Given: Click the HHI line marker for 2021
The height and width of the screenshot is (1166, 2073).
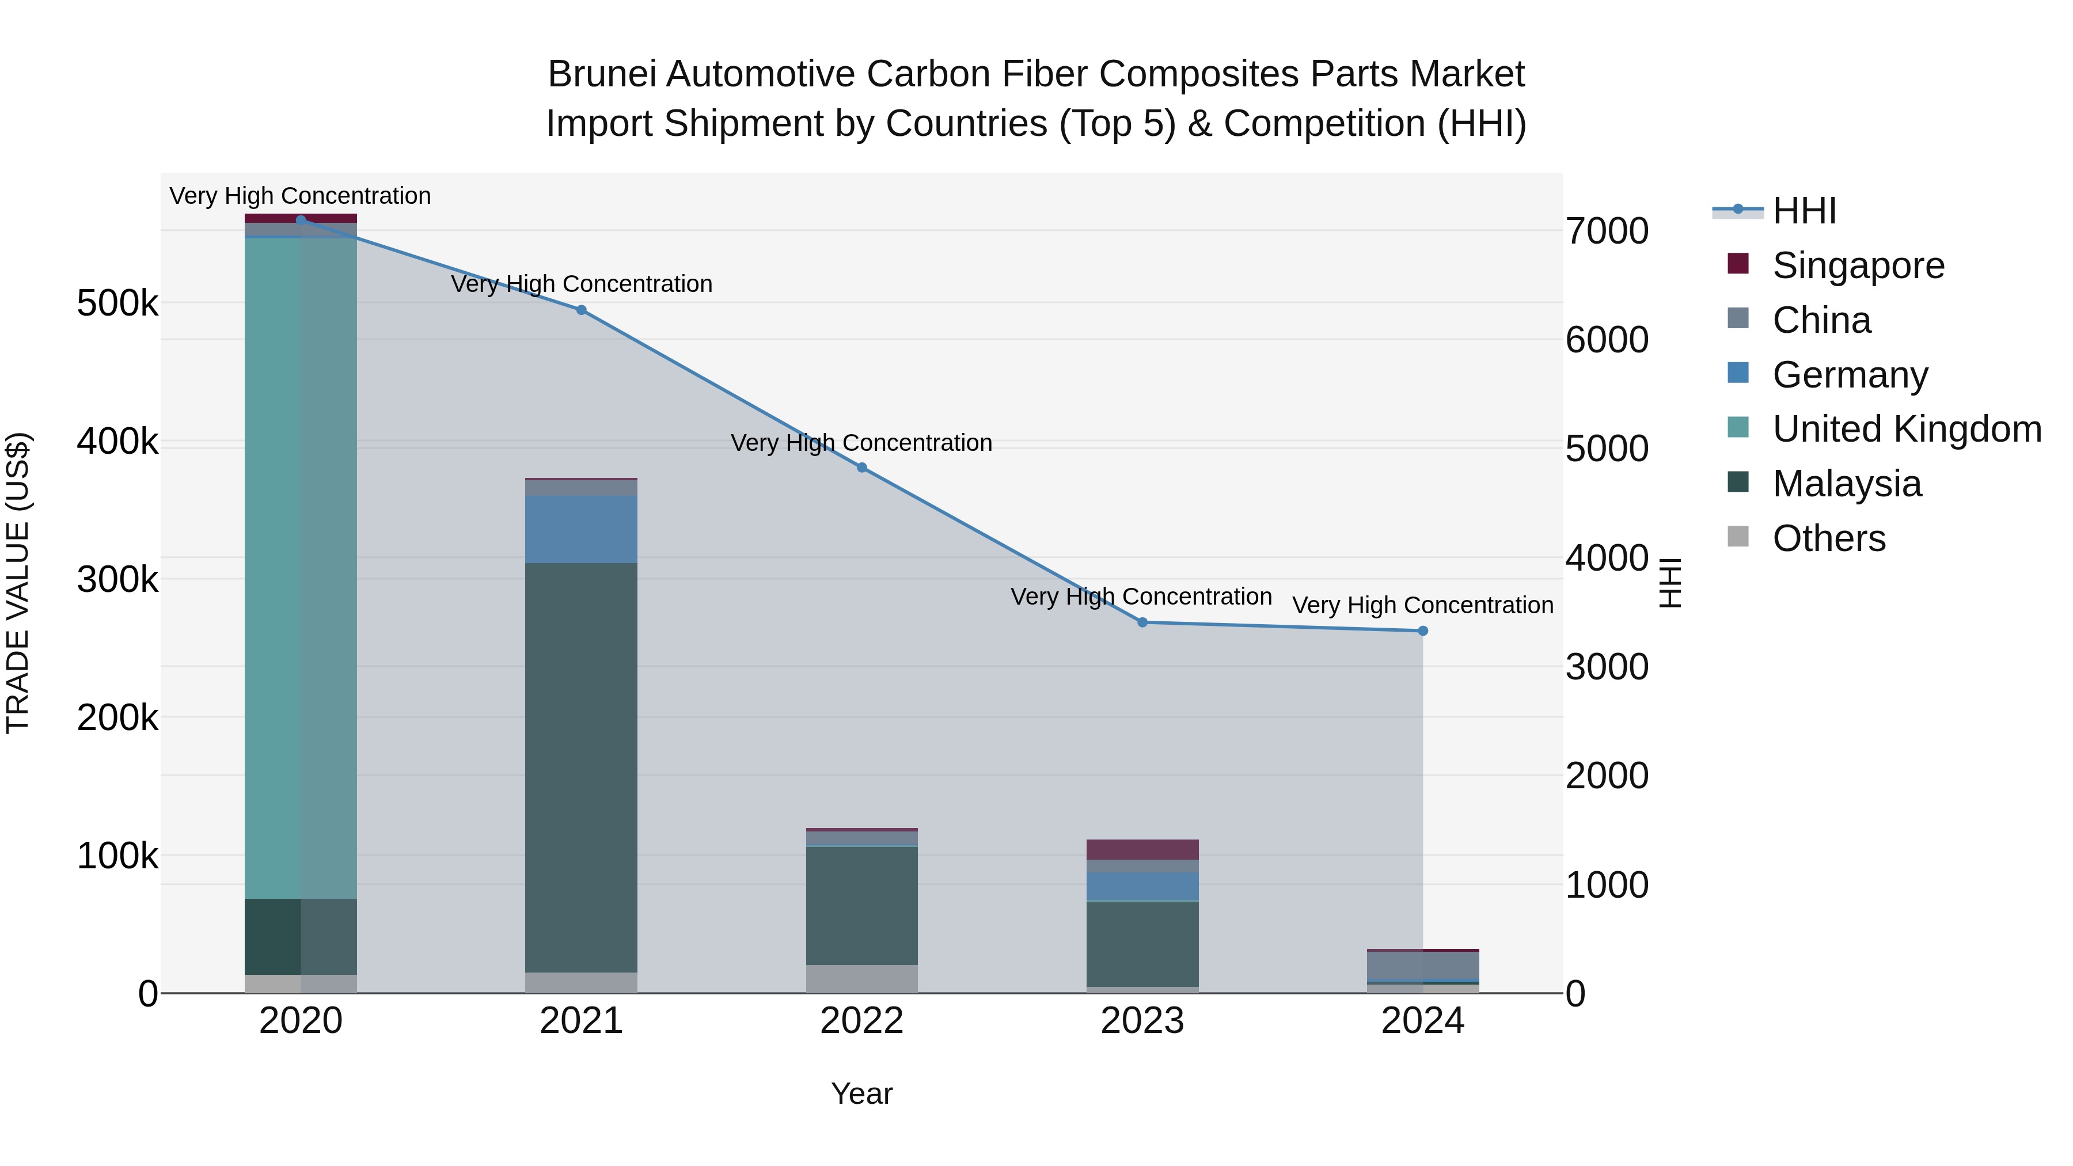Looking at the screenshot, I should [x=581, y=310].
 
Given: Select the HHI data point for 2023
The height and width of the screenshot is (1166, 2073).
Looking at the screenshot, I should [x=1142, y=622].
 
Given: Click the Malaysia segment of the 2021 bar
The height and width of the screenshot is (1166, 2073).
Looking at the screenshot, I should [x=581, y=765].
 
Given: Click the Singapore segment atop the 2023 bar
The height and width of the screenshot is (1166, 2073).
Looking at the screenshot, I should [x=1142, y=850].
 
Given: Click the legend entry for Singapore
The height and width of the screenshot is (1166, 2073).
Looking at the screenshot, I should [x=1857, y=265].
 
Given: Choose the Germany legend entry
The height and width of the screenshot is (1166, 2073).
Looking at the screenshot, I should [x=1849, y=375].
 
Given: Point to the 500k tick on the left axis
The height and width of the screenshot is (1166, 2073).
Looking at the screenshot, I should [x=117, y=304].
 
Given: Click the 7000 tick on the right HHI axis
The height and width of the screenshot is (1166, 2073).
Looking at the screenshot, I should [x=1606, y=231].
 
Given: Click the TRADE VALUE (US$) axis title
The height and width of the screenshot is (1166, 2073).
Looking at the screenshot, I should [x=18, y=583].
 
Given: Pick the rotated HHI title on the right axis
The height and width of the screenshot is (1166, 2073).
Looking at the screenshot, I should [x=1670, y=583].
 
